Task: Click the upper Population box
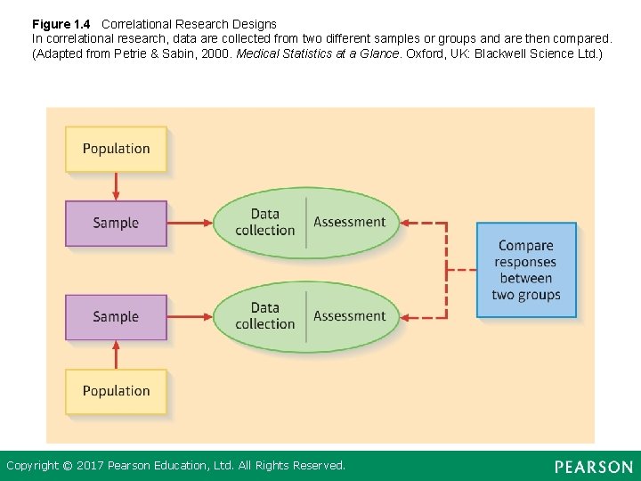tap(116, 149)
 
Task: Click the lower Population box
tap(116, 391)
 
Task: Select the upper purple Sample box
tap(116, 223)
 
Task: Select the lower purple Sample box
tap(116, 317)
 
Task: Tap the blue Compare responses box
tap(526, 270)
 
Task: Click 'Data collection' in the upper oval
tap(264, 222)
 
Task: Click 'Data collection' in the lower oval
tap(264, 316)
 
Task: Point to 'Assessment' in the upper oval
tap(350, 222)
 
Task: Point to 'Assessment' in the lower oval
tap(350, 316)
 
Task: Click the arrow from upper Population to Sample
tap(116, 186)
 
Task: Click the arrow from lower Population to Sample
tap(116, 355)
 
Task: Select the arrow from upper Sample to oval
tap(190, 223)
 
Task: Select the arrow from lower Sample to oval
tap(190, 317)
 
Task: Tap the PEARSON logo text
tap(594, 467)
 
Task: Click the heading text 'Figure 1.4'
tap(61, 24)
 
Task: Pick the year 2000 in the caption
tap(220, 54)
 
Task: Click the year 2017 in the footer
tap(91, 466)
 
